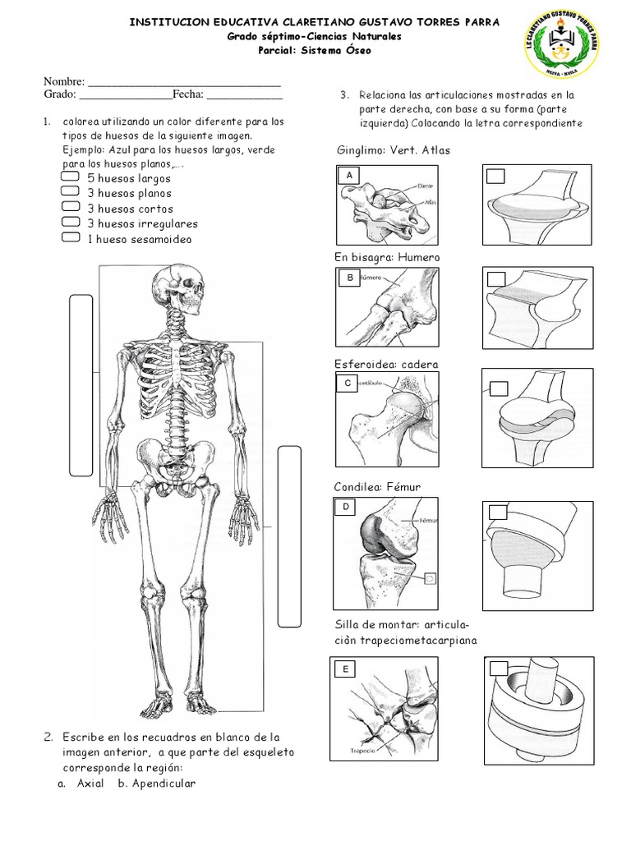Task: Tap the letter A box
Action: point(350,176)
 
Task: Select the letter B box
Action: point(350,278)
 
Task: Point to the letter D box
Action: point(347,508)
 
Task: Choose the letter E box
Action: point(347,670)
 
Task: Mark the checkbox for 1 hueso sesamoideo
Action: point(71,239)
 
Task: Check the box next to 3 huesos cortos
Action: point(71,209)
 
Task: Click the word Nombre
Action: point(64,82)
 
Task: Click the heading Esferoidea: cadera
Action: point(385,364)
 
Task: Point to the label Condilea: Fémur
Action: point(377,487)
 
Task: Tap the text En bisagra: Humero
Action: point(387,257)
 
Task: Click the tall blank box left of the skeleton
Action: point(81,384)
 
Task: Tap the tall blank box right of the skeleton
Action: point(290,535)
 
